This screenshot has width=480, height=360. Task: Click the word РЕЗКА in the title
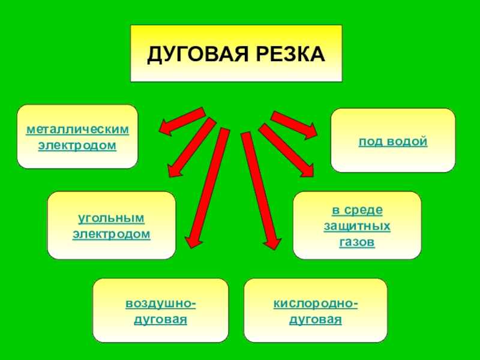[287, 54]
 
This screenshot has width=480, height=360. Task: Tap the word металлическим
[77, 130]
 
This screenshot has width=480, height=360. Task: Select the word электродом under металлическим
[77, 145]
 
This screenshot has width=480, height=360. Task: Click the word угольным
[112, 217]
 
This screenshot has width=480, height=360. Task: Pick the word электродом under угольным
[112, 233]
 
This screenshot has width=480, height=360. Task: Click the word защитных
[357, 226]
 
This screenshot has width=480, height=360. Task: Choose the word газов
[357, 242]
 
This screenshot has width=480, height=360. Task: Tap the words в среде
[357, 211]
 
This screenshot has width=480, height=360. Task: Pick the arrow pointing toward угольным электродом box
[191, 147]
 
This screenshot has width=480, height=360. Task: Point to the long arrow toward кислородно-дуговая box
[260, 190]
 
